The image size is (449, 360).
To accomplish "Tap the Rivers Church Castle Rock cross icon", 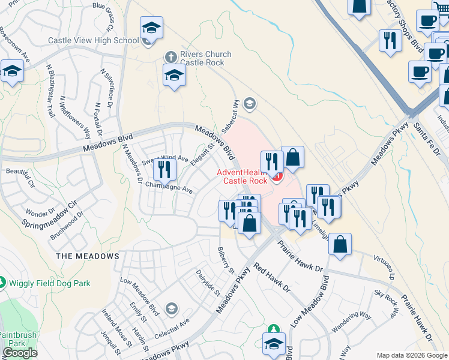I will click(170, 56).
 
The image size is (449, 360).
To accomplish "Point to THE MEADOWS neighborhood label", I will click(88, 256).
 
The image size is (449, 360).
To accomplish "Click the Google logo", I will click(19, 353).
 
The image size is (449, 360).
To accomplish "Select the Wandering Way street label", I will click(352, 323).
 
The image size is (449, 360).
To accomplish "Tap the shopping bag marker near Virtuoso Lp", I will click(340, 244).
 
